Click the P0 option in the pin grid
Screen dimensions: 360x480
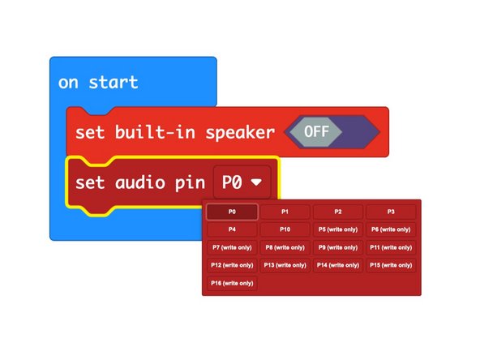point(232,212)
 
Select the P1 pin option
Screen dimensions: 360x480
point(285,212)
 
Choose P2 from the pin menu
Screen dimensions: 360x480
point(337,212)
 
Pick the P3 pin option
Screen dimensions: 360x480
point(391,212)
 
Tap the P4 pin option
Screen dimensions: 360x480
point(232,229)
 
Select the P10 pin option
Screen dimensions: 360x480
point(285,229)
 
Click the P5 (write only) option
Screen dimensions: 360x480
point(337,229)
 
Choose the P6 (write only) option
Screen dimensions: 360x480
point(391,229)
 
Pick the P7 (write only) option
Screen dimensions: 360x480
point(232,247)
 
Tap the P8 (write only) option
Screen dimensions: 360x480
point(285,247)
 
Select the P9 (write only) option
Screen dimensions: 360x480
point(337,247)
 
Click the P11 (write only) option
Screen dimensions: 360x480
point(391,247)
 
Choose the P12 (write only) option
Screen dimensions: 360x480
point(232,265)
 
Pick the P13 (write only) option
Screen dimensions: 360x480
point(285,265)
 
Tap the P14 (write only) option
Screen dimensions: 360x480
point(337,265)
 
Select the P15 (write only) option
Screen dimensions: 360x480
point(391,265)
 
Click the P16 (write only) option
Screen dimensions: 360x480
point(232,283)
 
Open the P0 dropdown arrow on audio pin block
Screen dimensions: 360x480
point(256,182)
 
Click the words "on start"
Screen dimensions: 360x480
point(98,82)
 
